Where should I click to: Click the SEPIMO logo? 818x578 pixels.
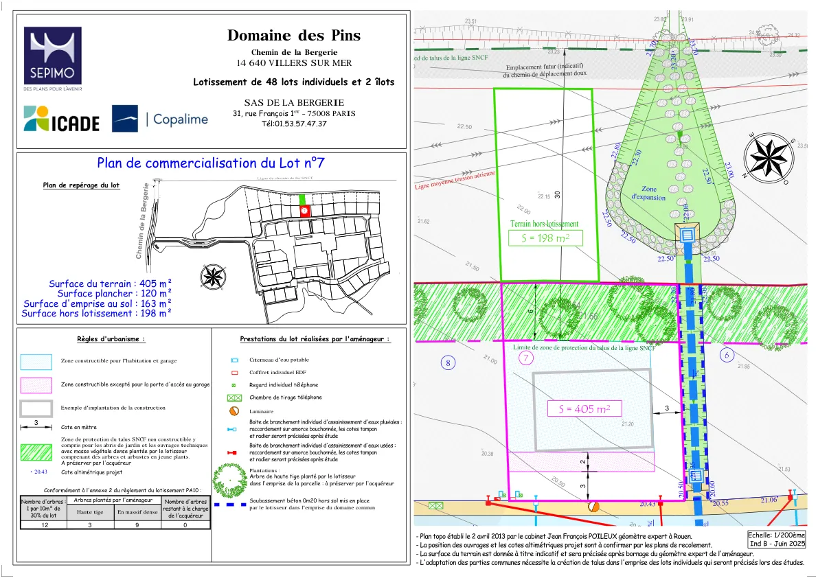[53, 60]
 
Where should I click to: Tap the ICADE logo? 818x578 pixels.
[62, 119]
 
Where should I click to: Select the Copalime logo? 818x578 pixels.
[160, 119]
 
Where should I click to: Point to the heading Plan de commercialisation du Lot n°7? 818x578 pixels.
[210, 163]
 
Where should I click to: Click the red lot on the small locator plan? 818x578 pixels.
[304, 211]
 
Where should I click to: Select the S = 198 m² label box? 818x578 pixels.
[545, 238]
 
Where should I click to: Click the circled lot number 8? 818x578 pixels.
[448, 363]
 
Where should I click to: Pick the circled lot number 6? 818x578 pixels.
[727, 355]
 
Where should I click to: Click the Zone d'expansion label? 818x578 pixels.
[648, 193]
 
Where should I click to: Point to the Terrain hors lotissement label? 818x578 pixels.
[544, 224]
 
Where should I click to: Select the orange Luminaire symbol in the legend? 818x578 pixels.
[234, 411]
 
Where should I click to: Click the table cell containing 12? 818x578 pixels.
[45, 524]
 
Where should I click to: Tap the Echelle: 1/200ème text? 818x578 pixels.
[777, 534]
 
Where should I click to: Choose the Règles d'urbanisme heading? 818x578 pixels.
[111, 338]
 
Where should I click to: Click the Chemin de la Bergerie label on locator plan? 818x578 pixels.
[142, 220]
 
